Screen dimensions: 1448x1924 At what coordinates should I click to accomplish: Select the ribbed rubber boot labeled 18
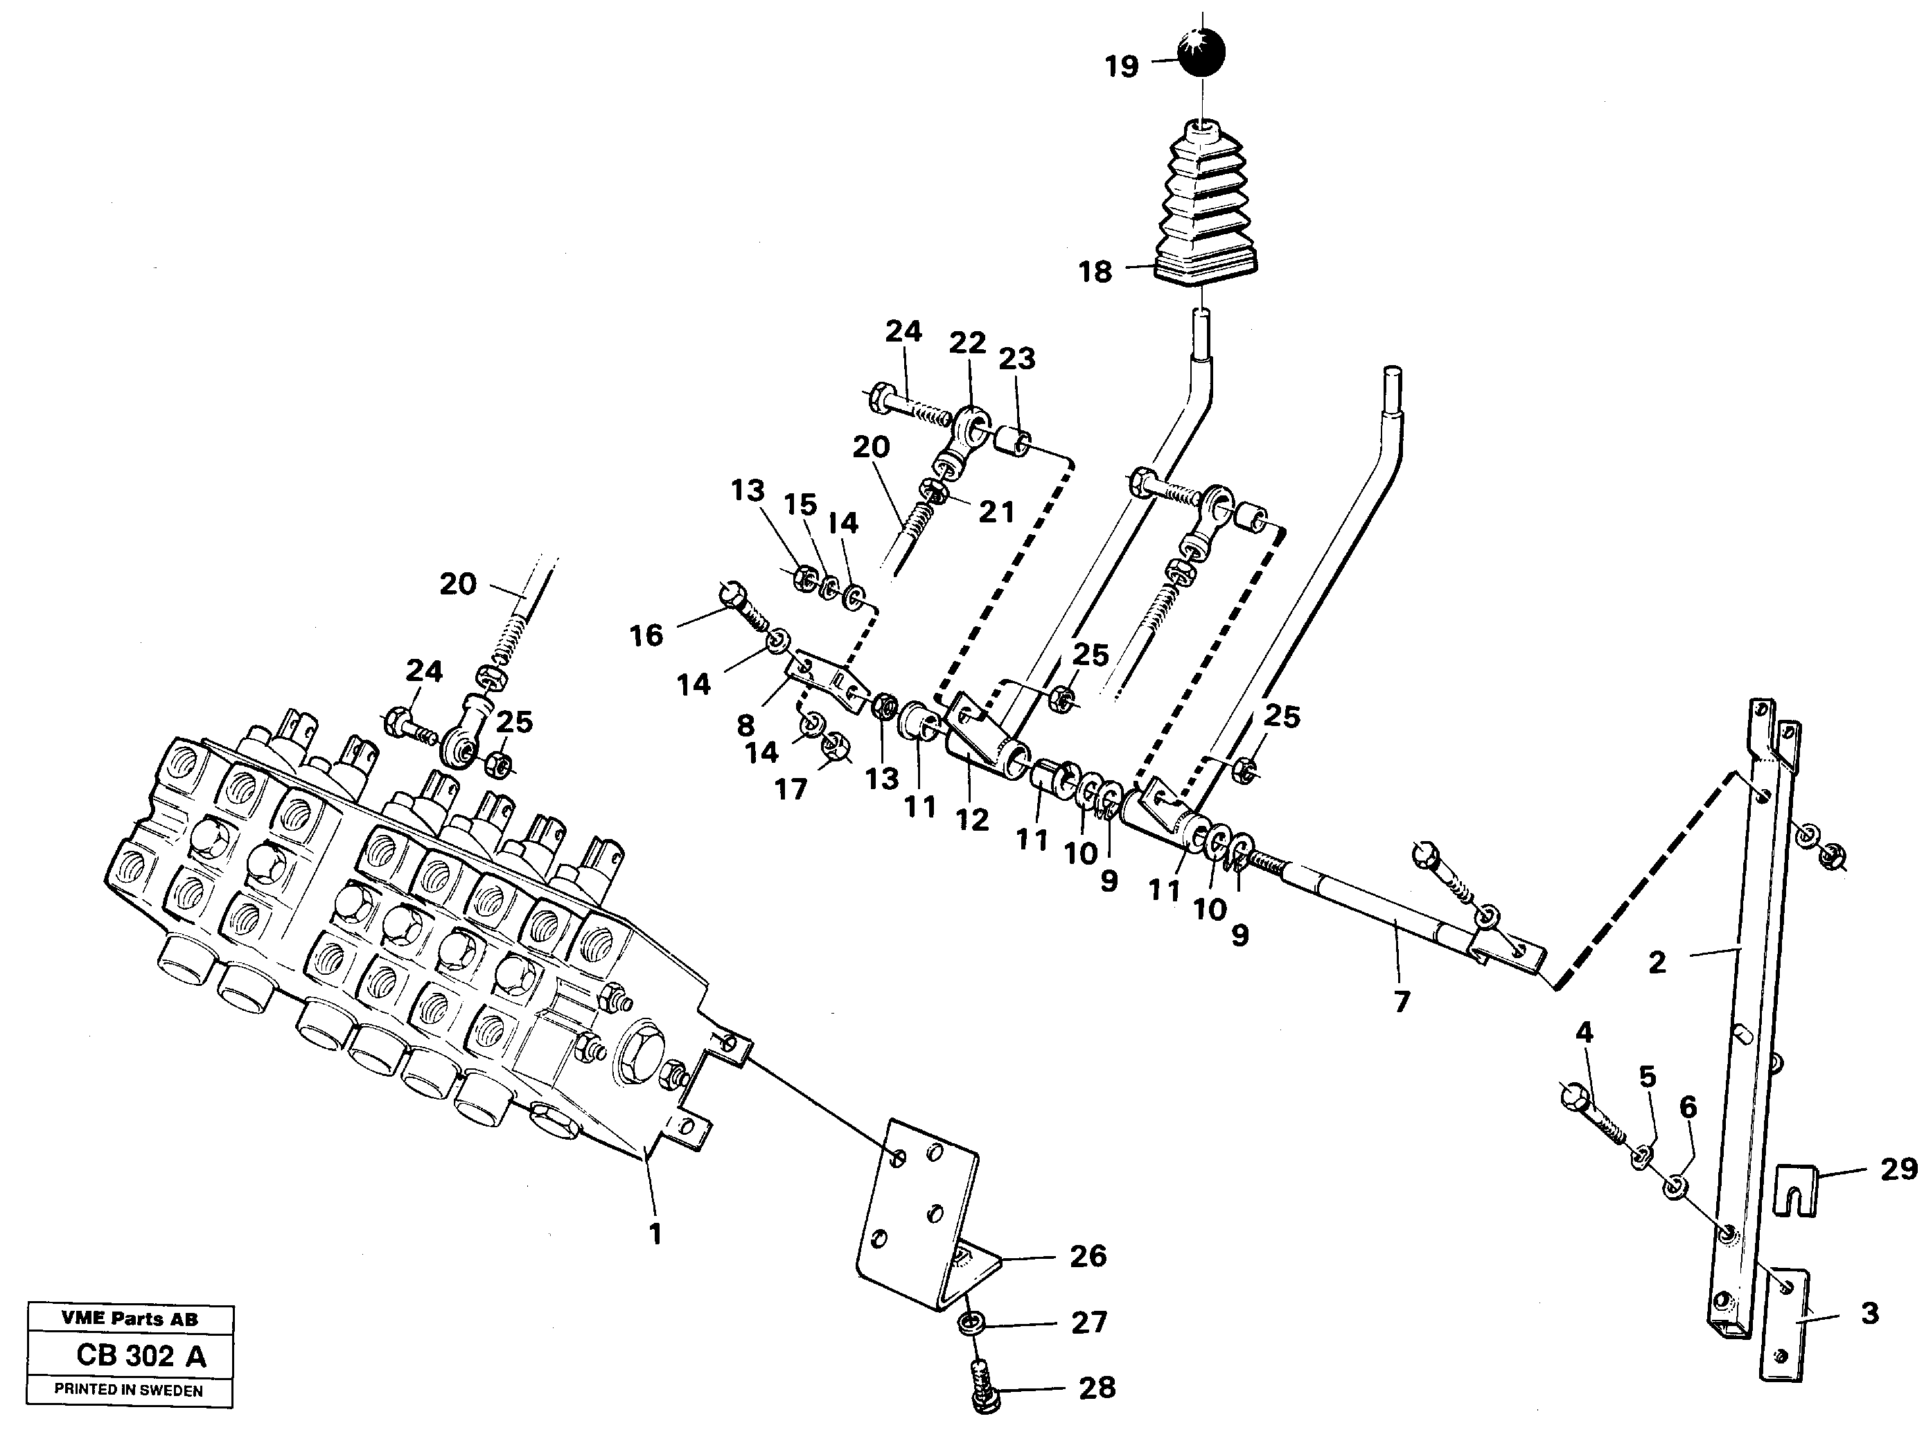(x=1205, y=209)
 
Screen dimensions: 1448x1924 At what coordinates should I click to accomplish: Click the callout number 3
(x=1870, y=1313)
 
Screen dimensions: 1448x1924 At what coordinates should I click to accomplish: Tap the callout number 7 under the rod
(x=1400, y=1002)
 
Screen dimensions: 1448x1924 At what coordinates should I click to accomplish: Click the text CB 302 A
(x=141, y=1356)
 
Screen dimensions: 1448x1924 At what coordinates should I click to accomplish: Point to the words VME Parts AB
(x=130, y=1318)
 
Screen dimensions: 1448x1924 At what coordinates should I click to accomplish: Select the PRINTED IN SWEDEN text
(x=129, y=1390)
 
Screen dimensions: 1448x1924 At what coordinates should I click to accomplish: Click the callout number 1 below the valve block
(x=655, y=1233)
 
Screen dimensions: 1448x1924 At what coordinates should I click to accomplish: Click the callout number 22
(x=967, y=343)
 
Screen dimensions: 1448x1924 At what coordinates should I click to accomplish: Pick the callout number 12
(x=971, y=819)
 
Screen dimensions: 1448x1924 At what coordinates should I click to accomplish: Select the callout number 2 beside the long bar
(x=1657, y=962)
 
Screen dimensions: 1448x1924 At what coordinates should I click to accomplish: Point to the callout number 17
(x=791, y=789)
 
